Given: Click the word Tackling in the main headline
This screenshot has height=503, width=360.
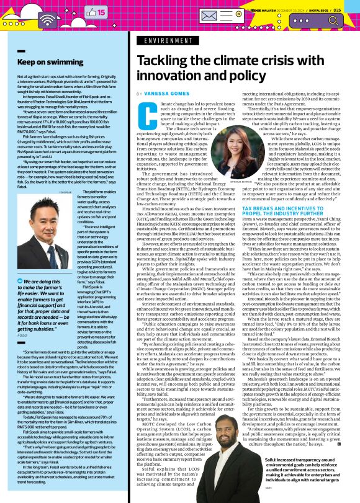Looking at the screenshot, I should click(164, 60).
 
